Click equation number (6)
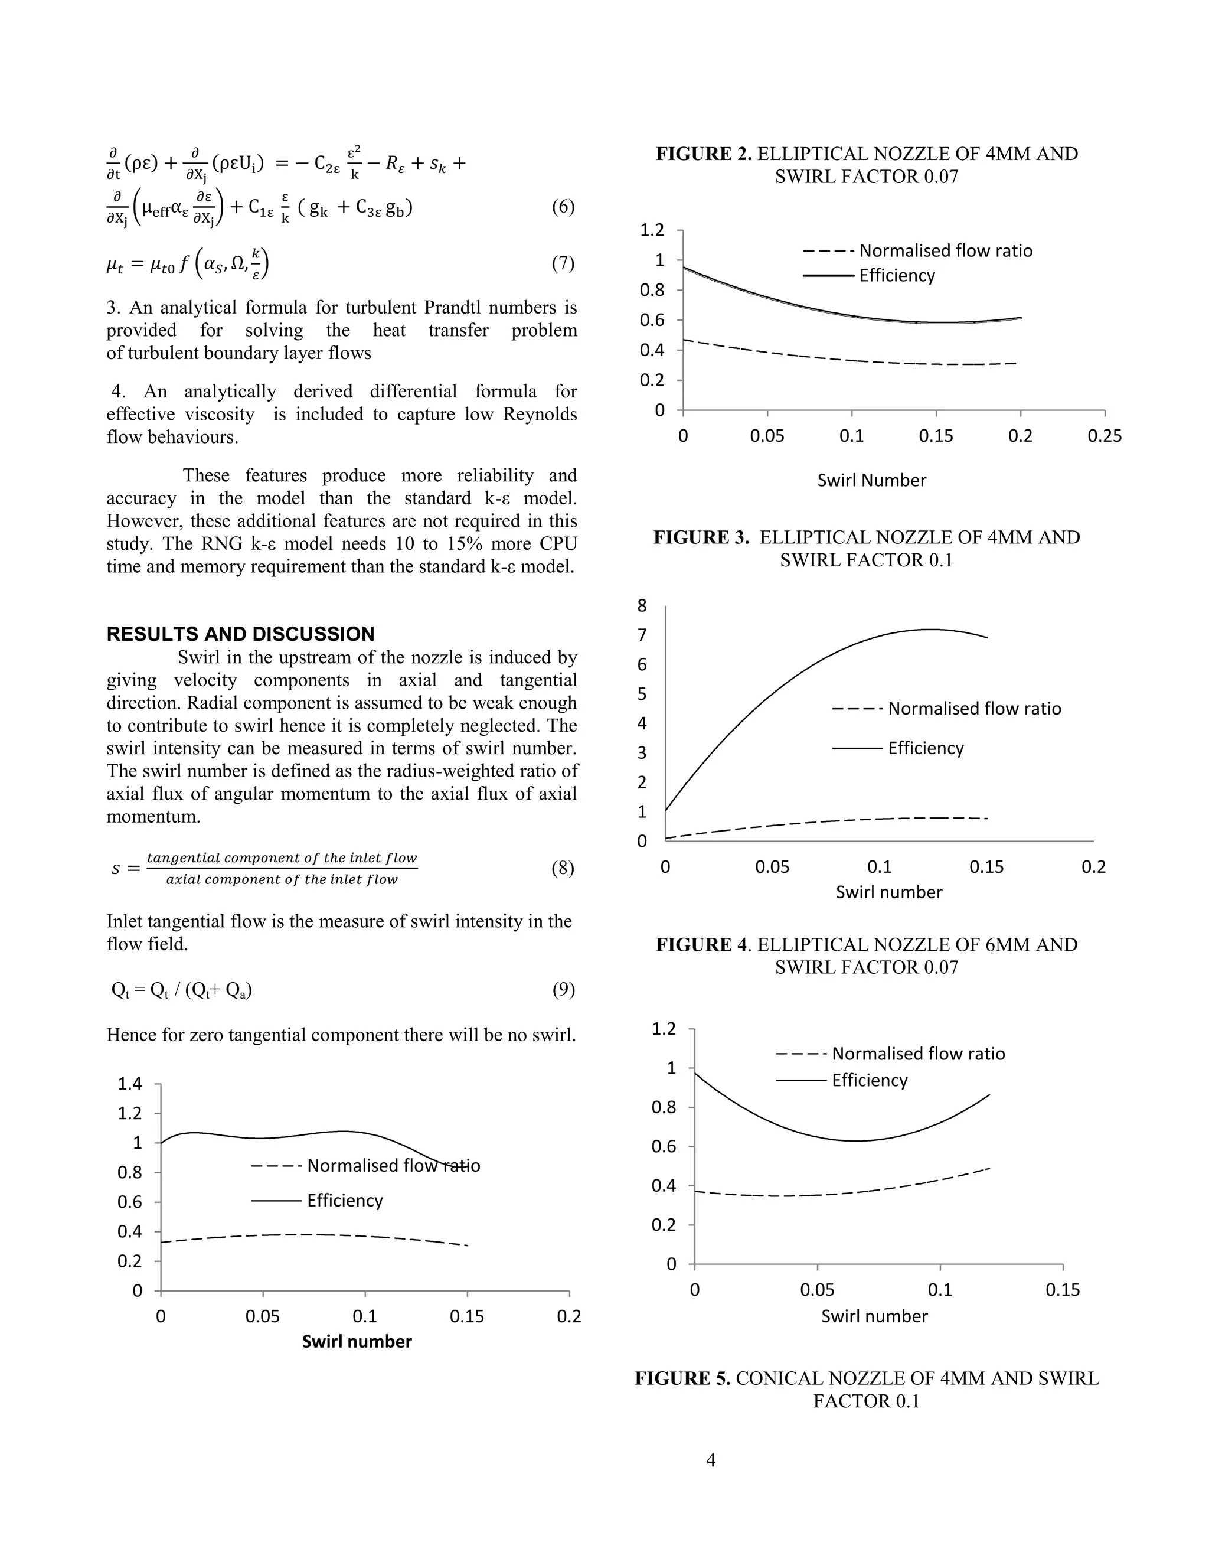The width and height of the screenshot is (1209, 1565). [563, 207]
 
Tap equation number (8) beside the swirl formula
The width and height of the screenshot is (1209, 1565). [563, 869]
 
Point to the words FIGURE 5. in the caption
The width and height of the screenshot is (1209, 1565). [682, 1378]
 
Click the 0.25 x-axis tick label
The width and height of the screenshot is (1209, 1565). [1105, 436]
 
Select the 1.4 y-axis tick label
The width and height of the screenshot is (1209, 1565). [130, 1084]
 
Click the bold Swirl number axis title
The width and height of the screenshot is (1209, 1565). [357, 1341]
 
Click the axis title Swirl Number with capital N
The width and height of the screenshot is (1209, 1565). [872, 480]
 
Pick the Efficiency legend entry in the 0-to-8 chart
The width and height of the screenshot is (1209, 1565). [926, 748]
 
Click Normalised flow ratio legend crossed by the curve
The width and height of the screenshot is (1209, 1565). [393, 1166]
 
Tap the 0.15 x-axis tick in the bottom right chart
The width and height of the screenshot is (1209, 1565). [1062, 1290]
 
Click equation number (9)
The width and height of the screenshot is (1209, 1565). [563, 990]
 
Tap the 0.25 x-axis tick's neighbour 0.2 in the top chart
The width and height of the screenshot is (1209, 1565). [1020, 436]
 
